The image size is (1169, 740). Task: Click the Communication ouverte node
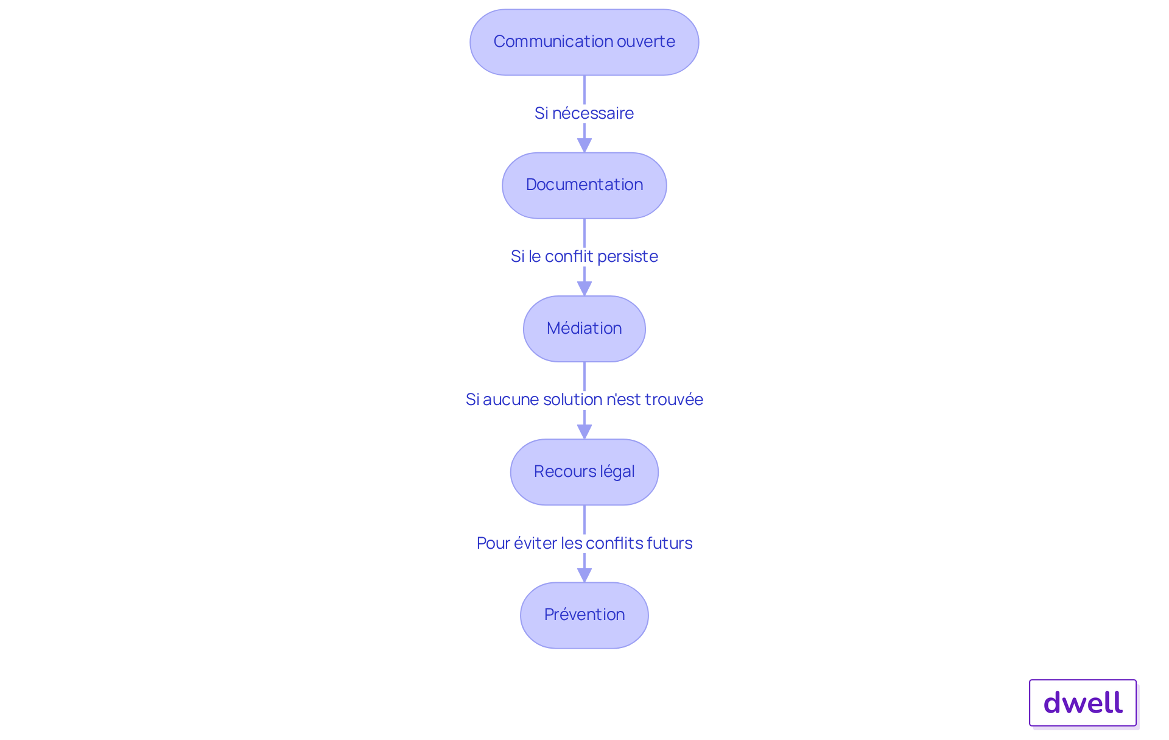click(584, 42)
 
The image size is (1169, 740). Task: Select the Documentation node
click(584, 185)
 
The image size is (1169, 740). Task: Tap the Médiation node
click(584, 329)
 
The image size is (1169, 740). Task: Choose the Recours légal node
click(584, 472)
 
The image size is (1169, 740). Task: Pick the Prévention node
click(584, 615)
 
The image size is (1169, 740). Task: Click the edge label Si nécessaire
click(584, 113)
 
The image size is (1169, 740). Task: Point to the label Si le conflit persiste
click(584, 256)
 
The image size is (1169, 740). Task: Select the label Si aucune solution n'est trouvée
click(584, 400)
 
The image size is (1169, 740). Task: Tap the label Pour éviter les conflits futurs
click(584, 543)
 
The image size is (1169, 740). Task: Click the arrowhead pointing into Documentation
click(584, 146)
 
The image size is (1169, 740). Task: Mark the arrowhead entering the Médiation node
click(584, 289)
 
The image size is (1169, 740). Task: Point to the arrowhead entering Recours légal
click(584, 432)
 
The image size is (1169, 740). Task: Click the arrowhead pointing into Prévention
click(584, 575)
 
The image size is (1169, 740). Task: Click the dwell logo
click(1083, 703)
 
